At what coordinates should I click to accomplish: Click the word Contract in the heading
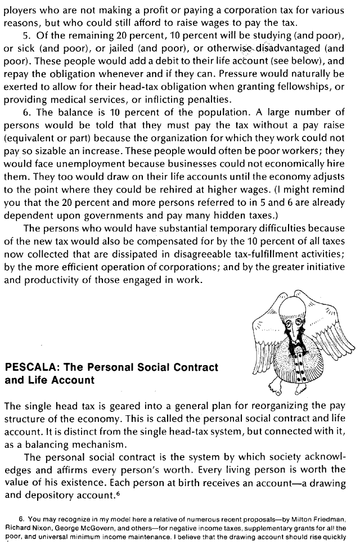click(x=191, y=367)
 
